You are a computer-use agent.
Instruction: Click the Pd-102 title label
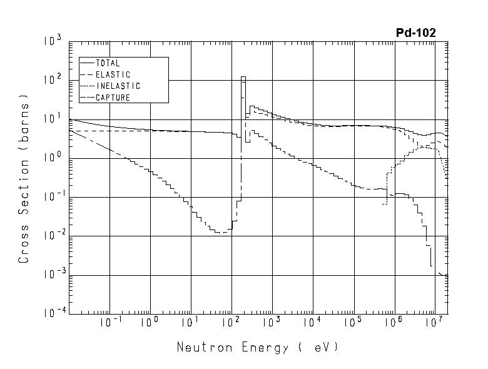pos(415,33)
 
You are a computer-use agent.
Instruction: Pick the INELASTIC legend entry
pos(118,86)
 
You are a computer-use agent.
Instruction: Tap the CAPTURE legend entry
pos(113,98)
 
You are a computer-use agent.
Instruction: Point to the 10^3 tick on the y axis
pos(52,42)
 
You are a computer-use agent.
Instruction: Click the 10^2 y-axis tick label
pos(52,81)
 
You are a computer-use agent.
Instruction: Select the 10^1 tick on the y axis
pos(52,119)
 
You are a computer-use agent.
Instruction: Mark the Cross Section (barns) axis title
pos(24,178)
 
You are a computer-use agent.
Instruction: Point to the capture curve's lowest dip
pos(221,233)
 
